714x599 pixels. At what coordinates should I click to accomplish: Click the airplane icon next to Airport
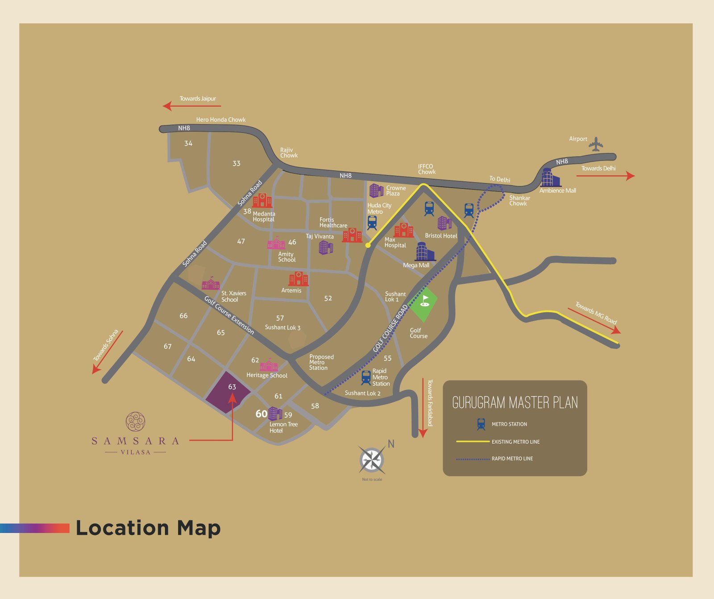tap(596, 144)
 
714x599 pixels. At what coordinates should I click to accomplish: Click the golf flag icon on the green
tap(425, 301)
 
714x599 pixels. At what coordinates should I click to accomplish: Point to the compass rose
tap(372, 460)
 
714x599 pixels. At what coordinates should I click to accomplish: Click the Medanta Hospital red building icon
tap(262, 201)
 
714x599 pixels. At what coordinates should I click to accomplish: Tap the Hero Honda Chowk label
tap(221, 120)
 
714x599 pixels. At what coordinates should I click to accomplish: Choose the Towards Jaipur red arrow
tap(192, 106)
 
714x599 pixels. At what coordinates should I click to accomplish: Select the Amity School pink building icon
tap(276, 244)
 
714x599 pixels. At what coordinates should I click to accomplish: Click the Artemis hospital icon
tap(298, 279)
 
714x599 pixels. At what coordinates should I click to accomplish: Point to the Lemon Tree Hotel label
tap(283, 427)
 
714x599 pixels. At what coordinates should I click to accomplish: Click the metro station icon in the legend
tap(481, 424)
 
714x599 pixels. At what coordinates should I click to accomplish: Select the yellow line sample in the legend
tap(473, 442)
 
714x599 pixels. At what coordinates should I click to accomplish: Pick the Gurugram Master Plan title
tap(515, 403)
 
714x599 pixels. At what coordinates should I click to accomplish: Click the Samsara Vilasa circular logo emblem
tap(135, 421)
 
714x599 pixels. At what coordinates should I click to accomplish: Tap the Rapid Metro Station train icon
tap(366, 377)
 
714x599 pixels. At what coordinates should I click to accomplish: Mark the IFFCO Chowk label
tap(426, 169)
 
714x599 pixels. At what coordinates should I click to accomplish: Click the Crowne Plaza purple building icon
tap(376, 190)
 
